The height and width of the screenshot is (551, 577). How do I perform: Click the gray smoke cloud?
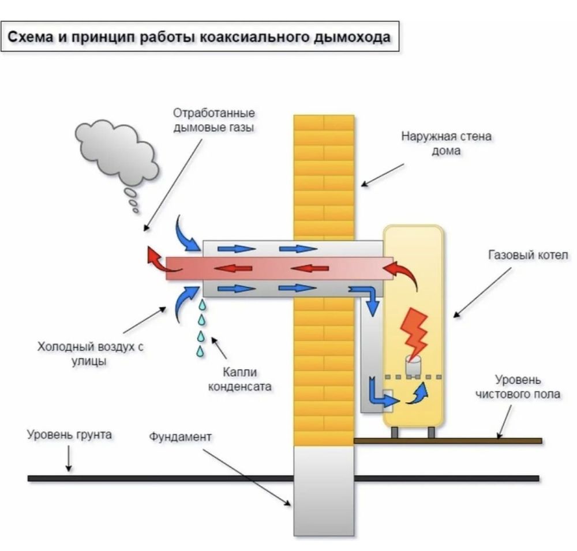coord(116,155)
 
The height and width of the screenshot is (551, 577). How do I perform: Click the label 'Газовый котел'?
coord(528,254)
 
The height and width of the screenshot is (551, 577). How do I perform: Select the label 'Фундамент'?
coord(180,437)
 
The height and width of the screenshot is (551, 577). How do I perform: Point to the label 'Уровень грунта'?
coord(69,434)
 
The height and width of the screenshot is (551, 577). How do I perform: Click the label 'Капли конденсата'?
coord(239,379)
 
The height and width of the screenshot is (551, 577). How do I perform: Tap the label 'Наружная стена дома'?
coord(446,143)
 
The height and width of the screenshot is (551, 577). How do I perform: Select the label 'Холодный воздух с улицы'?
coord(90,353)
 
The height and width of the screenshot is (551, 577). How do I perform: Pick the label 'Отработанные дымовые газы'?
coord(214,120)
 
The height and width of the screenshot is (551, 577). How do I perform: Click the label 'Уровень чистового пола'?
coord(518,387)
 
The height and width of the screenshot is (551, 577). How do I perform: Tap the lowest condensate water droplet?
coord(200,351)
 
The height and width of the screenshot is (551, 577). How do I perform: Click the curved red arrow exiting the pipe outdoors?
coord(162,260)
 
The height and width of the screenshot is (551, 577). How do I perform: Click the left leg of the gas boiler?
coord(395,433)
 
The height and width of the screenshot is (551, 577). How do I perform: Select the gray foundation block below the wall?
coord(324,491)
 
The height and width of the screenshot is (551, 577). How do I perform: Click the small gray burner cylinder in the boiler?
coord(413,365)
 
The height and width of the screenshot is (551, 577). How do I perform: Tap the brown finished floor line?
coord(448,441)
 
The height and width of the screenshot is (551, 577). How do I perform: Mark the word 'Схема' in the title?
coord(30,37)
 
